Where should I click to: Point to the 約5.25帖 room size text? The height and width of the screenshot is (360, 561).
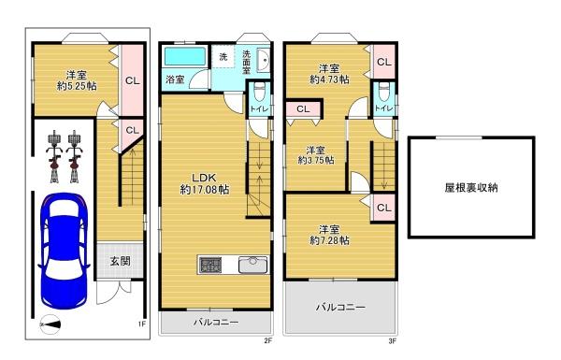(x=76, y=84)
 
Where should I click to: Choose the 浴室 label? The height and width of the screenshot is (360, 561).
(x=175, y=80)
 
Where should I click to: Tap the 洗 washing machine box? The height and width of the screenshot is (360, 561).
(x=223, y=57)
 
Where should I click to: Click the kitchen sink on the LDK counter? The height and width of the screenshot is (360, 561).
(x=254, y=264)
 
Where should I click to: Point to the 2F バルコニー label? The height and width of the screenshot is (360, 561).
(x=216, y=323)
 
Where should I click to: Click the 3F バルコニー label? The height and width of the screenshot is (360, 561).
(x=339, y=307)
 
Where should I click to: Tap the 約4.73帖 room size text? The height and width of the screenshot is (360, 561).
(x=328, y=80)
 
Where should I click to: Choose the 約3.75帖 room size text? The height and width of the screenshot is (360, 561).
(x=315, y=160)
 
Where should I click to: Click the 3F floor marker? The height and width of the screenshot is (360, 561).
(x=393, y=341)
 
